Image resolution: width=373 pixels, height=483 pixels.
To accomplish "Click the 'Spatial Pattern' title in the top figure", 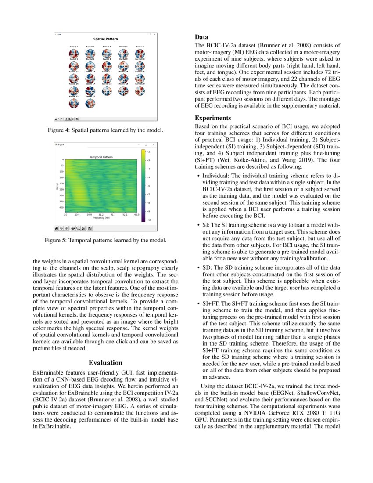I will (x=105, y=39).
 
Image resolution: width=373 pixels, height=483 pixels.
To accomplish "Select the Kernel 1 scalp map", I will (x=74, y=54).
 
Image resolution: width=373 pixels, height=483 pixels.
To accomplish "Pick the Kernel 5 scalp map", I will (x=140, y=54).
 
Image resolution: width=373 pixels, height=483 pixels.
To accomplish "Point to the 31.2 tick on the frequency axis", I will (x=101, y=215).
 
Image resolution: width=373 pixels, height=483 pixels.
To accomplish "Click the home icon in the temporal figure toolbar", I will (x=56, y=228).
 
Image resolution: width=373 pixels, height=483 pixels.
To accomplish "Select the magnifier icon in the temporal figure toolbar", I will (x=78, y=228).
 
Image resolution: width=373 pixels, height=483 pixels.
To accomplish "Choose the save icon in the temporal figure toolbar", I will (x=90, y=228).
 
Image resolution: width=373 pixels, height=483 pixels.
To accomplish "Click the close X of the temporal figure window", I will (x=153, y=144).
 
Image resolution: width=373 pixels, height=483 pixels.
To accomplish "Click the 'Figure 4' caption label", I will (x=58, y=130).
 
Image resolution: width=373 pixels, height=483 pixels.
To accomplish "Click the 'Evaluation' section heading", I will (x=105, y=363).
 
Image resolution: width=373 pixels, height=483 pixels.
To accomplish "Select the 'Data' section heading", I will (x=202, y=37).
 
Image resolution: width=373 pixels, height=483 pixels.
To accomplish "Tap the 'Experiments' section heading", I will (x=212, y=118).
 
